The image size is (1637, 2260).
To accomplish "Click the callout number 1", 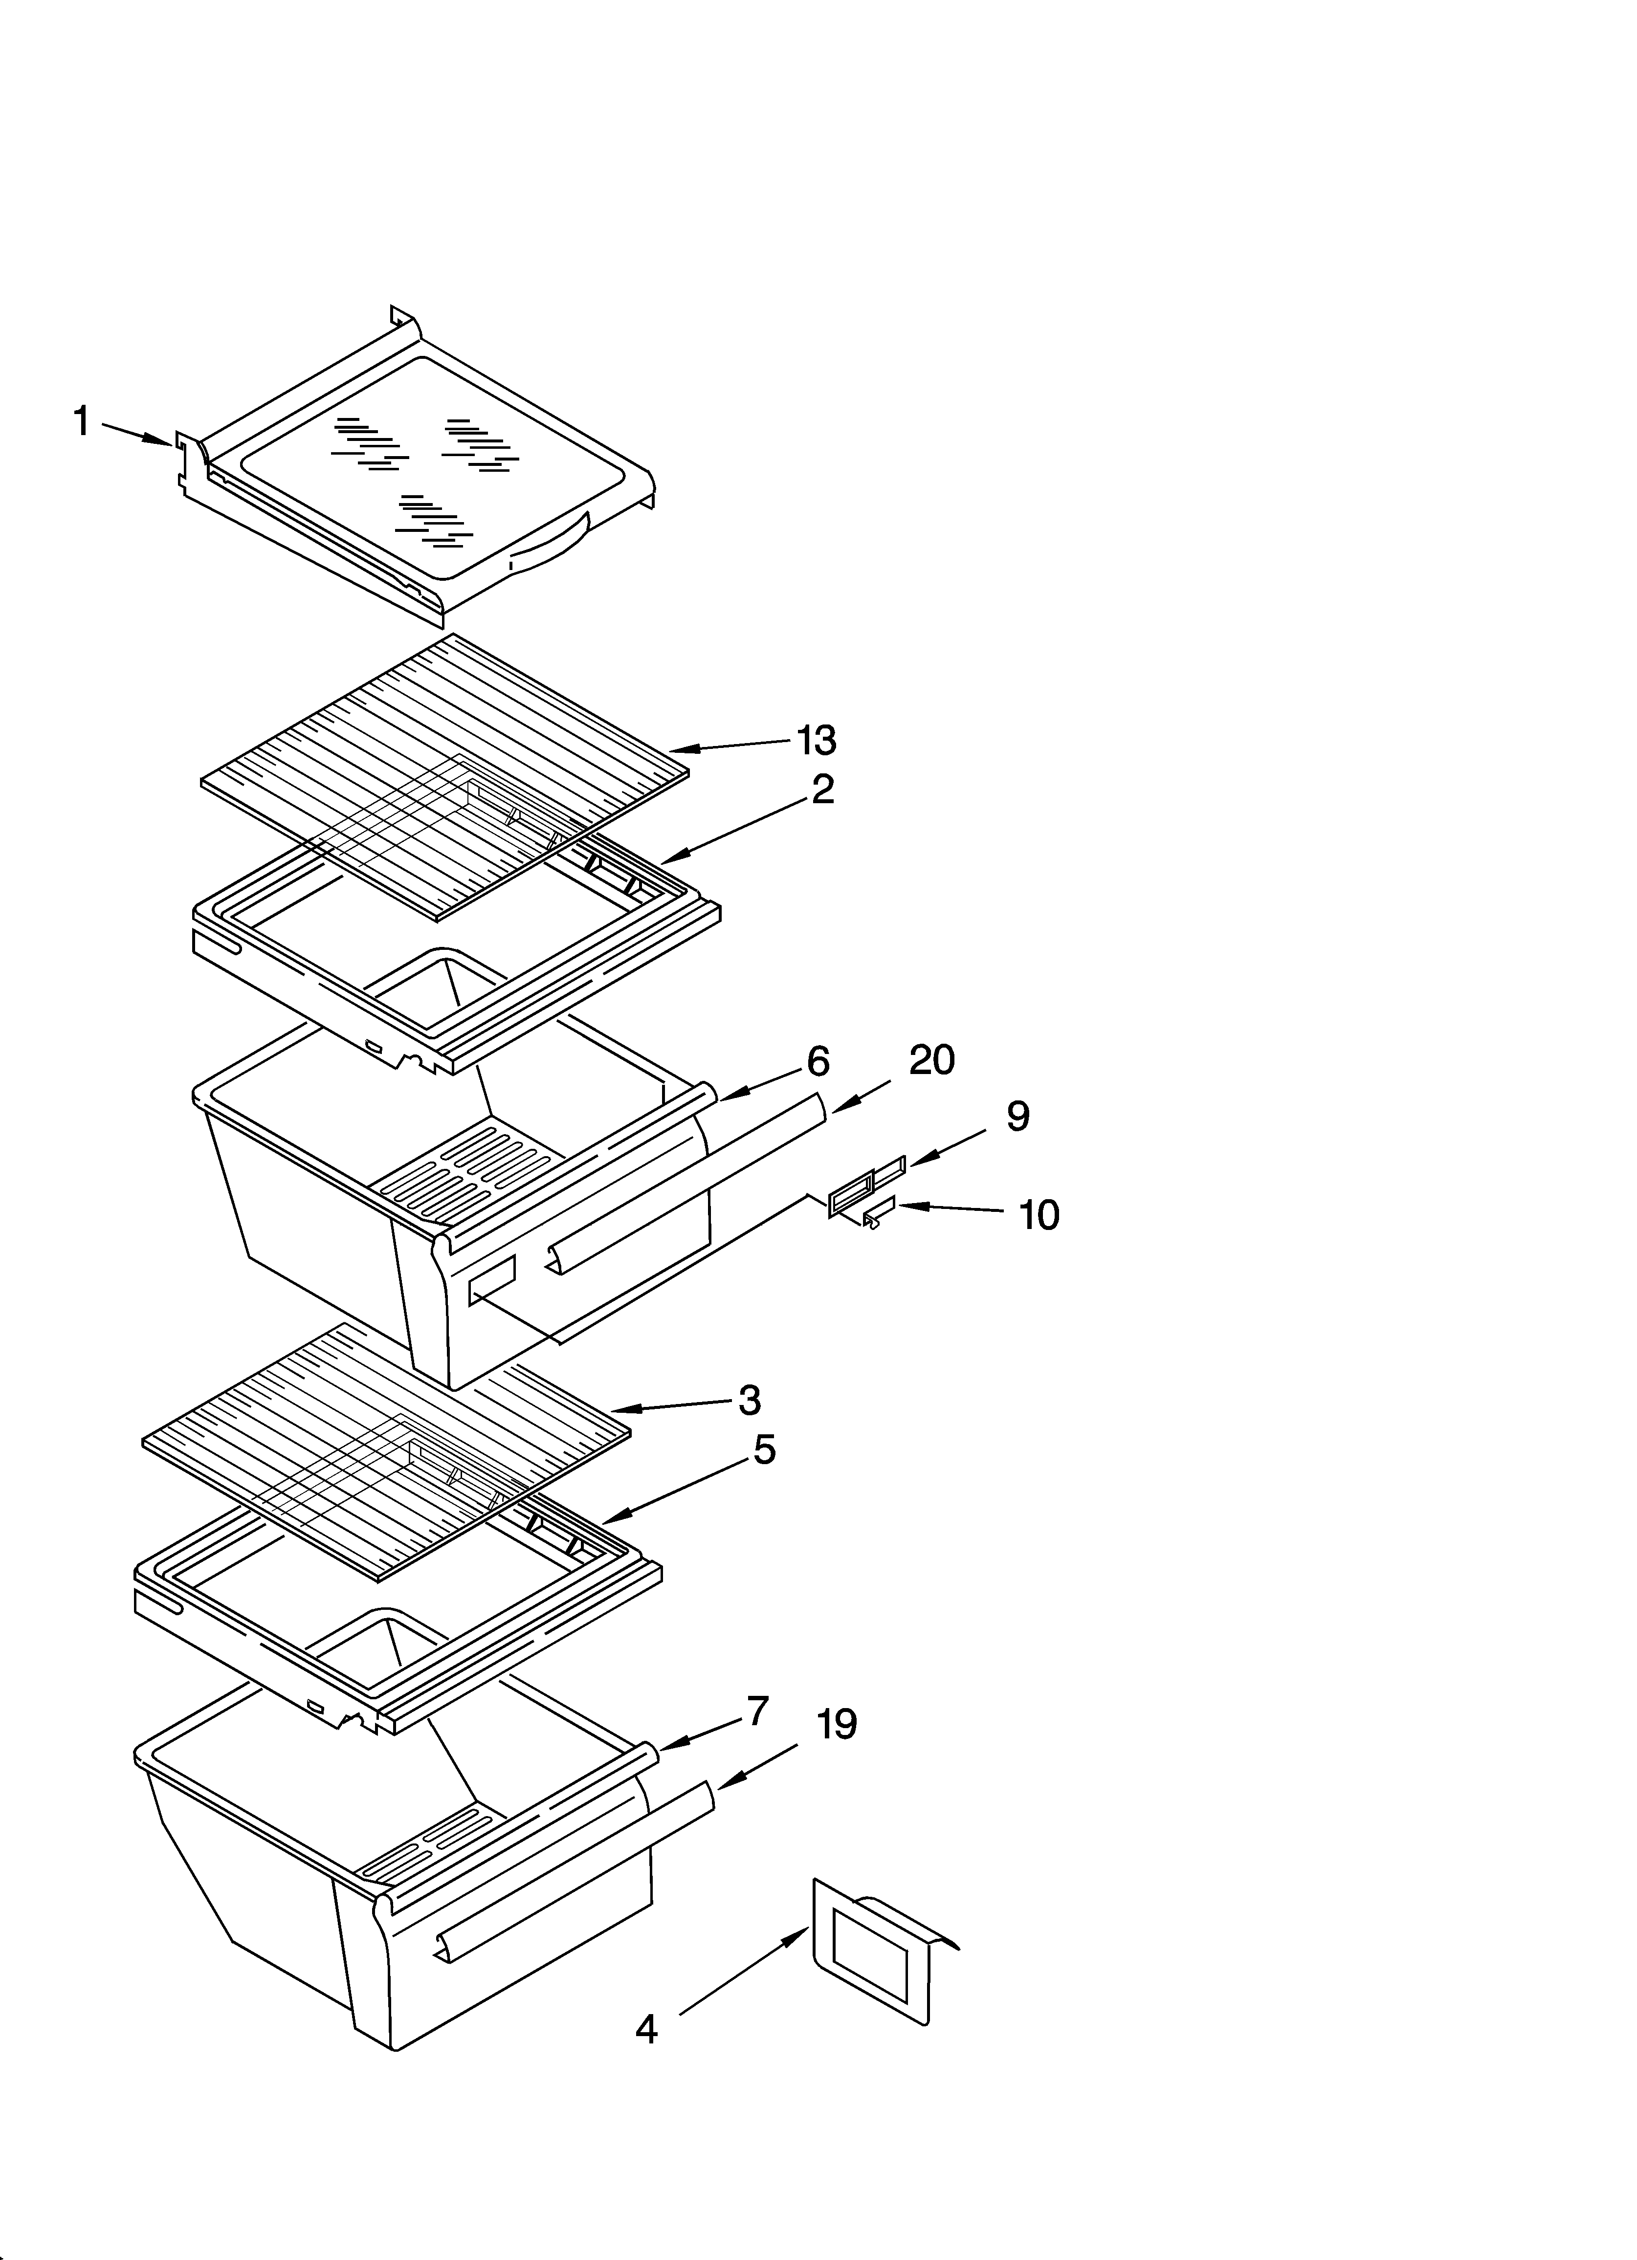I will (x=82, y=421).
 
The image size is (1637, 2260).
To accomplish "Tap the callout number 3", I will (x=750, y=1400).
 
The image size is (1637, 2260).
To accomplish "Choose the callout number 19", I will (x=838, y=1724).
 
